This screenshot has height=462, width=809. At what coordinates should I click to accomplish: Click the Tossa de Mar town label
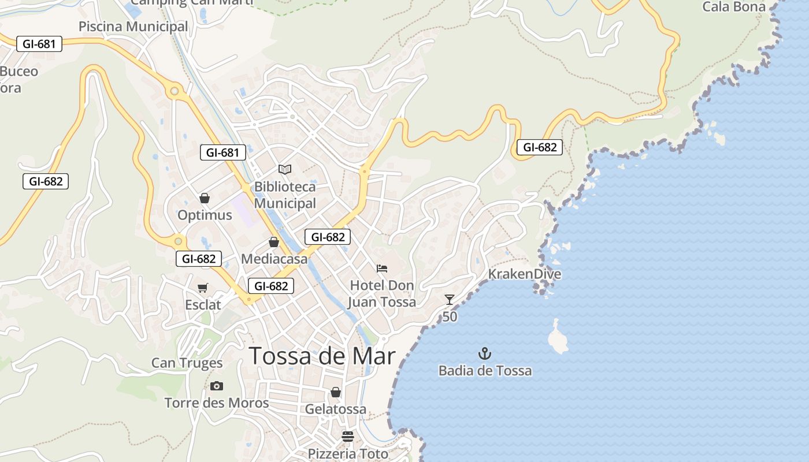(x=322, y=356)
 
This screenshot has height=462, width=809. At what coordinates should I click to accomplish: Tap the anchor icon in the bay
(x=485, y=353)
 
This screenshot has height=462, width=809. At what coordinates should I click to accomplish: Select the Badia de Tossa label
(x=485, y=371)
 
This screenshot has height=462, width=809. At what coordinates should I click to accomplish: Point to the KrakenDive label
(x=525, y=274)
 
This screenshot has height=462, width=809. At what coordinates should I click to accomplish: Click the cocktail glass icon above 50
(x=450, y=299)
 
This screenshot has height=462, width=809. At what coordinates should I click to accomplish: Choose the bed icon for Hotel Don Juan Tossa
(x=381, y=269)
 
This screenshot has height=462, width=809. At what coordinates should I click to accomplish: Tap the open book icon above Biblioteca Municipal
(x=285, y=169)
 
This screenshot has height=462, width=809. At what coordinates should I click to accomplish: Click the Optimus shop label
(x=205, y=215)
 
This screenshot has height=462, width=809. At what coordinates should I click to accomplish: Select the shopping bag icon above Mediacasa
(x=274, y=242)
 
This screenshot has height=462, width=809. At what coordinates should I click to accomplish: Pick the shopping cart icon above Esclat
(x=203, y=288)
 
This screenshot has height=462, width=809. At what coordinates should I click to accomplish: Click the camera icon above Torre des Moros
(x=217, y=386)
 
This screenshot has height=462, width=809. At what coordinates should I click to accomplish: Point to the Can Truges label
(x=187, y=363)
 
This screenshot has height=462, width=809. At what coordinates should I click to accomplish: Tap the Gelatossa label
(x=335, y=409)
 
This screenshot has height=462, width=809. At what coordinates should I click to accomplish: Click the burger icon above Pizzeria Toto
(x=347, y=436)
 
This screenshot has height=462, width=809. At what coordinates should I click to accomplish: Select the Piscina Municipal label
(x=133, y=27)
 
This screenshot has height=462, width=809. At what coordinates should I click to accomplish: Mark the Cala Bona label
(x=733, y=7)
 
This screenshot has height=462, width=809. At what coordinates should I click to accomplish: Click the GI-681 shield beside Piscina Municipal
(x=39, y=44)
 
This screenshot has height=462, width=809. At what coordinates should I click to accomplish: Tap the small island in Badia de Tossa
(x=558, y=337)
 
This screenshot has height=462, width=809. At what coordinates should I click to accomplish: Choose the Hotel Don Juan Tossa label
(x=383, y=294)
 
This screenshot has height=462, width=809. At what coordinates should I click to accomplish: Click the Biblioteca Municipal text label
(x=285, y=195)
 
